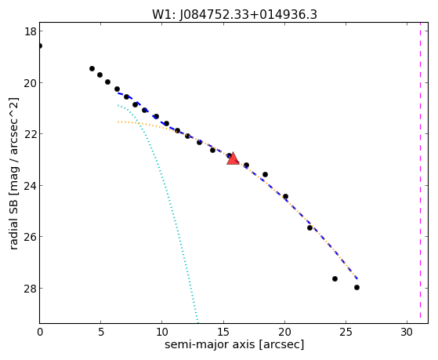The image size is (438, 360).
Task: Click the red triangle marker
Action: click(233, 158)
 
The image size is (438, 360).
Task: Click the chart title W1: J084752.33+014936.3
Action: click(234, 14)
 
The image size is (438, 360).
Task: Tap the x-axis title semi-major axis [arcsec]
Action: click(234, 344)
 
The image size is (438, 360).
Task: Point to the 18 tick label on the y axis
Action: click(31, 31)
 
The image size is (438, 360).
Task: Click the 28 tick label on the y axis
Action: click(31, 288)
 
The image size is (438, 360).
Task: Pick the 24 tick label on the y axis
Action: click(31, 185)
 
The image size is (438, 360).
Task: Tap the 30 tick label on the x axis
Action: click(407, 332)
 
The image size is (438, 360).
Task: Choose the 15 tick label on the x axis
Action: click(223, 332)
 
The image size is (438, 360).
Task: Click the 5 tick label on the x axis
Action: click(101, 332)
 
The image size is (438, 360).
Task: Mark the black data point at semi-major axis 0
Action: click(40, 45)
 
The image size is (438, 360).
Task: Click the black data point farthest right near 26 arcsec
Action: click(357, 287)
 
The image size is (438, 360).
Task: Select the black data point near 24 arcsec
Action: click(335, 279)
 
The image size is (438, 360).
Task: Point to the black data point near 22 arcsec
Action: click(309, 228)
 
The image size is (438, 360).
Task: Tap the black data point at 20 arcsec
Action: click(285, 197)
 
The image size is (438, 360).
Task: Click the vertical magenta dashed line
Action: click(420, 173)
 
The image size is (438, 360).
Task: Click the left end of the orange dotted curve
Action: click(118, 122)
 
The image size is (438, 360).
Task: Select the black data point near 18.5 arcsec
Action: click(265, 175)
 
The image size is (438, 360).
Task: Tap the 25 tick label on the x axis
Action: click(346, 332)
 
